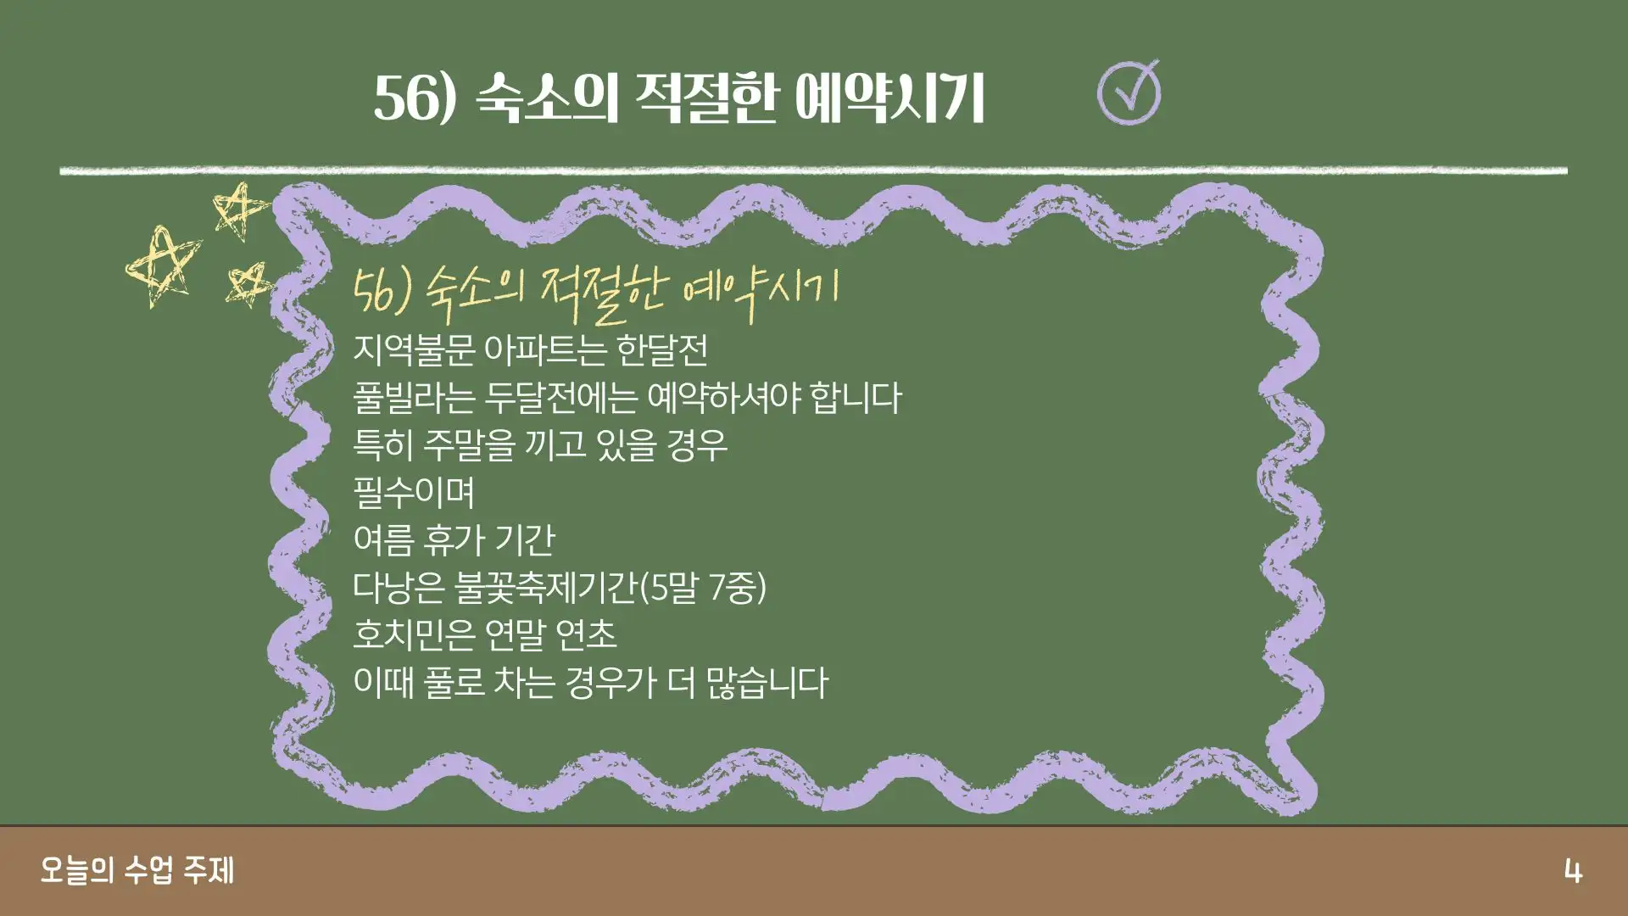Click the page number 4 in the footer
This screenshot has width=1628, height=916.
(x=1573, y=872)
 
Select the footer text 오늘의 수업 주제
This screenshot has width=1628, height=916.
(x=137, y=871)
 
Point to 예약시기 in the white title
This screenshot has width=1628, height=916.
(x=889, y=97)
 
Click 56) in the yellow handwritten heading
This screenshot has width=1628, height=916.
(x=382, y=291)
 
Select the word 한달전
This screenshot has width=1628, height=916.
(x=662, y=349)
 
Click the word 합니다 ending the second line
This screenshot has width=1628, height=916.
(x=856, y=397)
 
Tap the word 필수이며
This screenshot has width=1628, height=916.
(x=414, y=492)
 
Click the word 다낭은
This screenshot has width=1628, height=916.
(x=399, y=587)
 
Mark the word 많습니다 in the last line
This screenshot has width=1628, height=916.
(x=767, y=682)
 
